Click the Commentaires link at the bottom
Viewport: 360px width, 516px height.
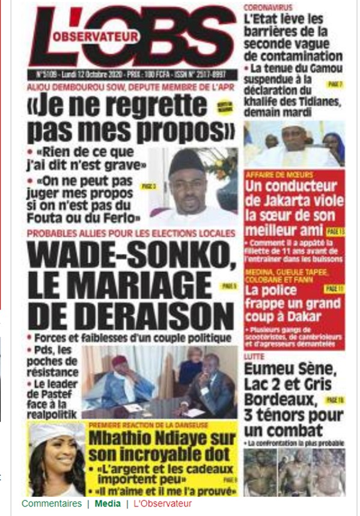[51, 503]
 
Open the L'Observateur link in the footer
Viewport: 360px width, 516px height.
[162, 503]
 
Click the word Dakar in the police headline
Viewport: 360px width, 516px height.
[304, 317]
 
